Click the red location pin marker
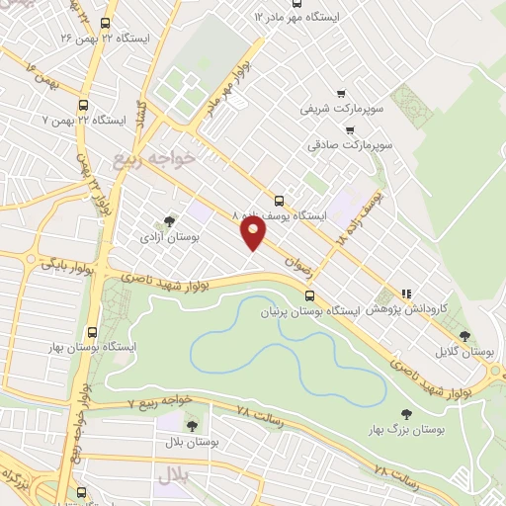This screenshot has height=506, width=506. (x=254, y=233)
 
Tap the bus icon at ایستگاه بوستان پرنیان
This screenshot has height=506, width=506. (x=310, y=295)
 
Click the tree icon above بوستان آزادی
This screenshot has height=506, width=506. (x=169, y=220)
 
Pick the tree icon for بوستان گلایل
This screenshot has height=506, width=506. (x=491, y=336)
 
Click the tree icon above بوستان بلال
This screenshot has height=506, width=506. (x=192, y=426)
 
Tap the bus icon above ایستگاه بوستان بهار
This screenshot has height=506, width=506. (x=92, y=332)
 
